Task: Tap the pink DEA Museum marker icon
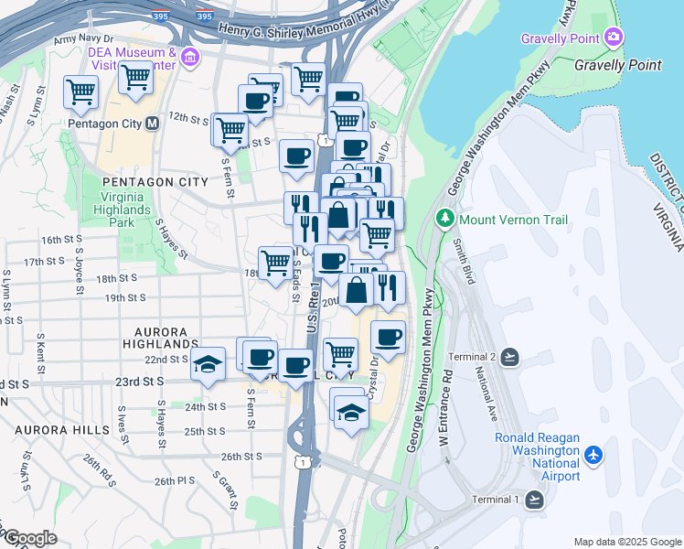tap(190, 58)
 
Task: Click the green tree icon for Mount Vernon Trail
tap(444, 219)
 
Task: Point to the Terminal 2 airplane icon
tap(509, 357)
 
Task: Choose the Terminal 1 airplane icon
tap(534, 499)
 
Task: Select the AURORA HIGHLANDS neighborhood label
tap(160, 338)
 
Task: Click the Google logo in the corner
tap(29, 538)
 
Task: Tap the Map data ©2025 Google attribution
tap(626, 542)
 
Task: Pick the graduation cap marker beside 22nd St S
tap(208, 363)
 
